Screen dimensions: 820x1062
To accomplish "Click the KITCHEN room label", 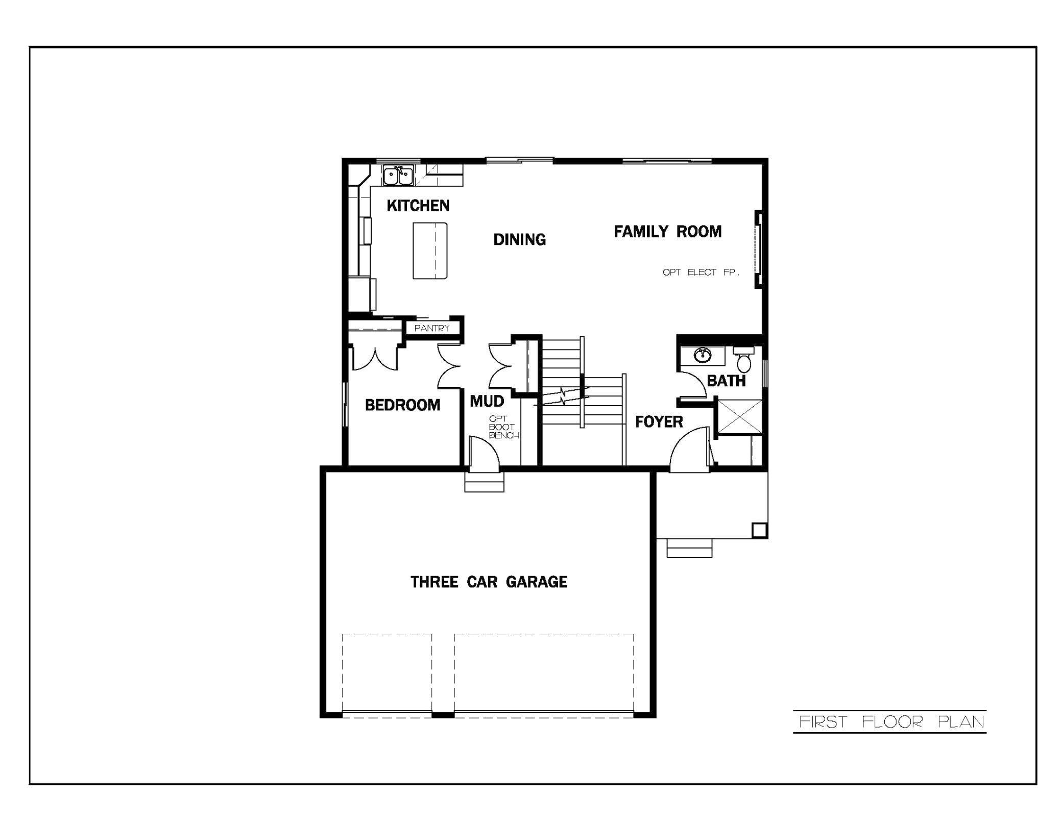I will tap(418, 206).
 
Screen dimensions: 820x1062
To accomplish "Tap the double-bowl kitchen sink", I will tap(398, 176).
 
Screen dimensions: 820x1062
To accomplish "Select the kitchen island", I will tap(430, 251).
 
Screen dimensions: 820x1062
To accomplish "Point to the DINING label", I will tap(519, 239).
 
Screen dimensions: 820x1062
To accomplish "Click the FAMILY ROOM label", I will tap(667, 232).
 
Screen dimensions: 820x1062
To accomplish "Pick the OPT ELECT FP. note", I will tap(701, 272).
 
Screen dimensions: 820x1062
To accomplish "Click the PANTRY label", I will tap(432, 328).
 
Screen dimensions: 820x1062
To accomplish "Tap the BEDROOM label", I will tap(402, 405).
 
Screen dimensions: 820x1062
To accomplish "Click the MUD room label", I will tap(487, 401).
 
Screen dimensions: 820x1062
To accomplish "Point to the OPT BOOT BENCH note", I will tap(503, 427).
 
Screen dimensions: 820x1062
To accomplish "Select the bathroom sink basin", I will tap(703, 355).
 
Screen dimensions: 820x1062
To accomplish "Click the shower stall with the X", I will tap(739, 417).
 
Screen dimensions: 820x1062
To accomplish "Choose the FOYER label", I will tap(659, 422).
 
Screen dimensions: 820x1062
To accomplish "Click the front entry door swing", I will tap(690, 449).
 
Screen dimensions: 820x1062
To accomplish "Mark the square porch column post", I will tap(759, 530).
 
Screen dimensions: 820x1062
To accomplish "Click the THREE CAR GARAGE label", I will tap(489, 582).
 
